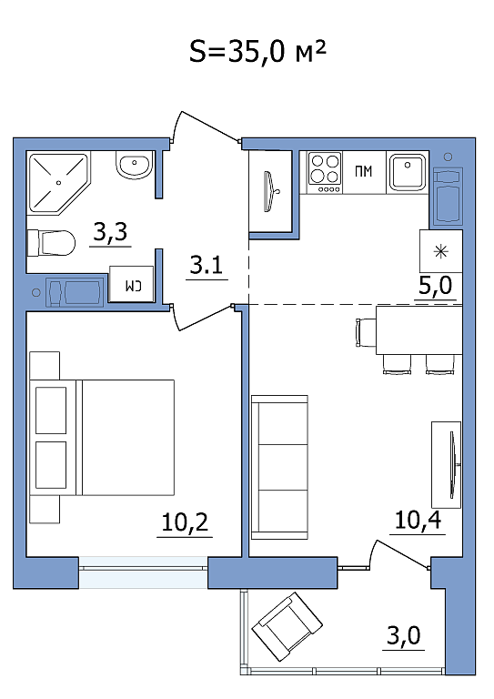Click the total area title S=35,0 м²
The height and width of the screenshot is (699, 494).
coord(257,52)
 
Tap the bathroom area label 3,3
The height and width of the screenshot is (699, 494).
coord(110,231)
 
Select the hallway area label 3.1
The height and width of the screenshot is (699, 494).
coord(207,265)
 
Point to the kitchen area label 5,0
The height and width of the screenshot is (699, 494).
coord(435,285)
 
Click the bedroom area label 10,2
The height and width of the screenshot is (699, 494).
coord(185,522)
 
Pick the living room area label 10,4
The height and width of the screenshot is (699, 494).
coord(418,520)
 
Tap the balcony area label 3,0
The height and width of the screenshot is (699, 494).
coord(404,635)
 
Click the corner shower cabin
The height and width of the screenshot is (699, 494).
coord(58,183)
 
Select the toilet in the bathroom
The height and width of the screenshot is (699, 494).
coord(51,243)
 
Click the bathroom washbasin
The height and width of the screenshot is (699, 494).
coord(134,165)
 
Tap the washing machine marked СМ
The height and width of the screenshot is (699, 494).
coord(132,284)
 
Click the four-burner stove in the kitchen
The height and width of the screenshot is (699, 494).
coord(325,173)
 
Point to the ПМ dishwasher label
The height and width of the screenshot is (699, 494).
coord(364,171)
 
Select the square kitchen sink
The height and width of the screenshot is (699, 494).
coord(408,172)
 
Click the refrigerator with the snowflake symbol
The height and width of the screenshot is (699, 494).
coord(441,251)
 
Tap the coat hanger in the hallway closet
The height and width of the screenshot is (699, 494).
coord(271,192)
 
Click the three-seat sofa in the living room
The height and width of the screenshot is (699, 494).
coord(279,467)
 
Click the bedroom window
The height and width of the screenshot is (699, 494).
coord(143,572)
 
